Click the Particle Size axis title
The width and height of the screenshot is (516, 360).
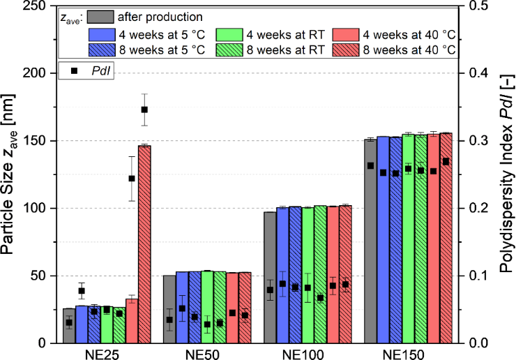pyautogui.click(x=10, y=174)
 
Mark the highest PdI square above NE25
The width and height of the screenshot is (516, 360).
pyautogui.click(x=144, y=110)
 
